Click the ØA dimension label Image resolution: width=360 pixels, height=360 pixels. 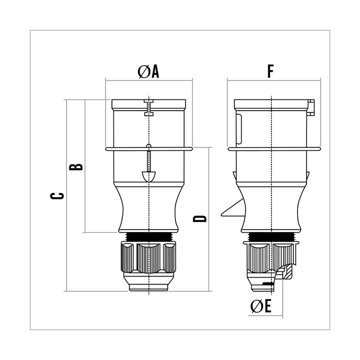148,72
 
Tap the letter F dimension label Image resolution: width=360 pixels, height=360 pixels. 271,71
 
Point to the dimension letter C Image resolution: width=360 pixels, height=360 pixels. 57,196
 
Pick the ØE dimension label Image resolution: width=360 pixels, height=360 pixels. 261,306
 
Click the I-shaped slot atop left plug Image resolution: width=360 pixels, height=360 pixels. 149,108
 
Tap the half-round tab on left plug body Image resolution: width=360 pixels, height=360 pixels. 149,176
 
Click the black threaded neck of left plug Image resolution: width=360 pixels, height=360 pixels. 149,237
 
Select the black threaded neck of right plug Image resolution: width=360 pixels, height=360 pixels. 271,237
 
